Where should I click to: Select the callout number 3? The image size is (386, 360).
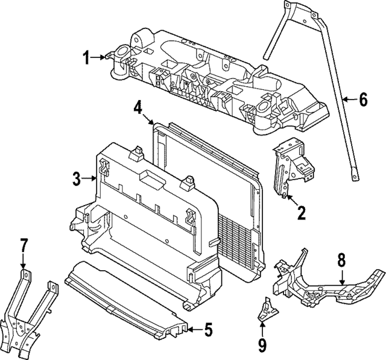[77, 178]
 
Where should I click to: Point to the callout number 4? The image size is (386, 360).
[138, 108]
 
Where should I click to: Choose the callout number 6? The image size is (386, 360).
[362, 99]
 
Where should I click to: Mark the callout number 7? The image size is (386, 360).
[24, 245]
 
